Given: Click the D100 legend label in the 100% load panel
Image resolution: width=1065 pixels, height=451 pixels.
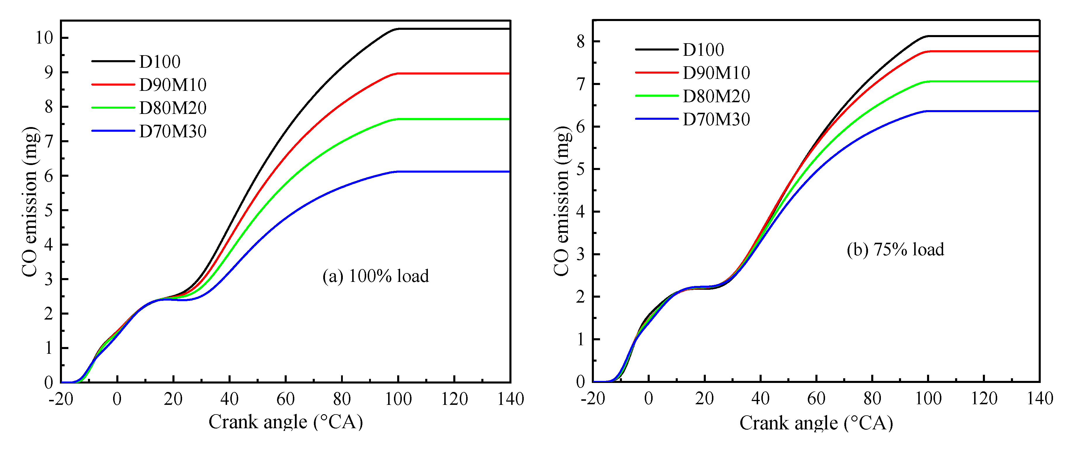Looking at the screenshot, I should pyautogui.click(x=160, y=62).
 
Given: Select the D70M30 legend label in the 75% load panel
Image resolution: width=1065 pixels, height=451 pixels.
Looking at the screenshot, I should pyautogui.click(x=716, y=119).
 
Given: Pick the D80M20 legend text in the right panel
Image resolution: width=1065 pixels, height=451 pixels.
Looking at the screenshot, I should pyautogui.click(x=716, y=96).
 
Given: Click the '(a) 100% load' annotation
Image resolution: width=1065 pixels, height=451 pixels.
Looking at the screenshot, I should pyautogui.click(x=375, y=276).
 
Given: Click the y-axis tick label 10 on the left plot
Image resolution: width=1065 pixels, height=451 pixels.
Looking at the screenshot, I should pyautogui.click(x=44, y=38).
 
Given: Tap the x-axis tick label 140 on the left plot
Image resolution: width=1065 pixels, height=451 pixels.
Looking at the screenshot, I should pyautogui.click(x=511, y=399).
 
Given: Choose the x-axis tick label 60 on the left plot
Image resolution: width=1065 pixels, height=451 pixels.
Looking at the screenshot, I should pyautogui.click(x=285, y=399).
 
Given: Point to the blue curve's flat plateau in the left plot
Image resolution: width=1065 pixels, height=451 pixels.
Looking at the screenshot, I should pyautogui.click(x=455, y=171).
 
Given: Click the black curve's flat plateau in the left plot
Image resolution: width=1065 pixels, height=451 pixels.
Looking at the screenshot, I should pyautogui.click(x=455, y=29).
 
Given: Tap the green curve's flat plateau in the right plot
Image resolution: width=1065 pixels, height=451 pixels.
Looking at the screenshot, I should pyautogui.click(x=984, y=81).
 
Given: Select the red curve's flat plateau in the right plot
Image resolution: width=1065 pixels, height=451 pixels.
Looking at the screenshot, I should pyautogui.click(x=984, y=51).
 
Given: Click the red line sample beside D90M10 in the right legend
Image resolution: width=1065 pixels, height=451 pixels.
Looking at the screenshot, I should pyautogui.click(x=656, y=73).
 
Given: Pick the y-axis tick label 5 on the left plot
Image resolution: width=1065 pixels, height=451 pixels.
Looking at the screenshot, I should pyautogui.click(x=49, y=210).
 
